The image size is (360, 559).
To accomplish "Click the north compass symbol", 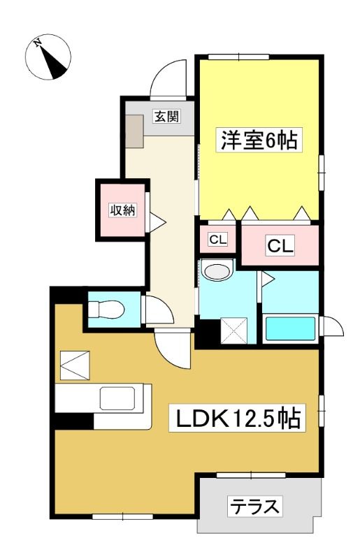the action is click(x=48, y=57).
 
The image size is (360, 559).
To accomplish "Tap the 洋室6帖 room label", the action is click(x=259, y=140).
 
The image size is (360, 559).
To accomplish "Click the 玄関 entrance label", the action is click(x=166, y=116).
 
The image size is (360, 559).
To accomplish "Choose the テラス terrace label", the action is click(x=254, y=507).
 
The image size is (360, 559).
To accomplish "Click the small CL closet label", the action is click(x=217, y=240).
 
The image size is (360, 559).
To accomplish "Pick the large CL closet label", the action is click(x=280, y=245).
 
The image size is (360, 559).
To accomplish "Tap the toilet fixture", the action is click(x=106, y=309).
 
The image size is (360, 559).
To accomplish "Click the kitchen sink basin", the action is click(x=117, y=398).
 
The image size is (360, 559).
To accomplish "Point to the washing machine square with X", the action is click(x=234, y=331).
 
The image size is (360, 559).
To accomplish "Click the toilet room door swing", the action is click(x=159, y=310).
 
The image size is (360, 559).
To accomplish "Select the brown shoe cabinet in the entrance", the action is click(x=134, y=131).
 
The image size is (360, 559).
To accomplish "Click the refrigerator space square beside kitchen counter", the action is click(x=75, y=365).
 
